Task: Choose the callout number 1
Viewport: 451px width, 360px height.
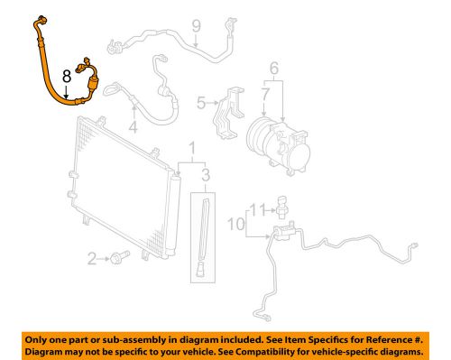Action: point(191,147)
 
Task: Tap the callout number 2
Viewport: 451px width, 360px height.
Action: point(92,260)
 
